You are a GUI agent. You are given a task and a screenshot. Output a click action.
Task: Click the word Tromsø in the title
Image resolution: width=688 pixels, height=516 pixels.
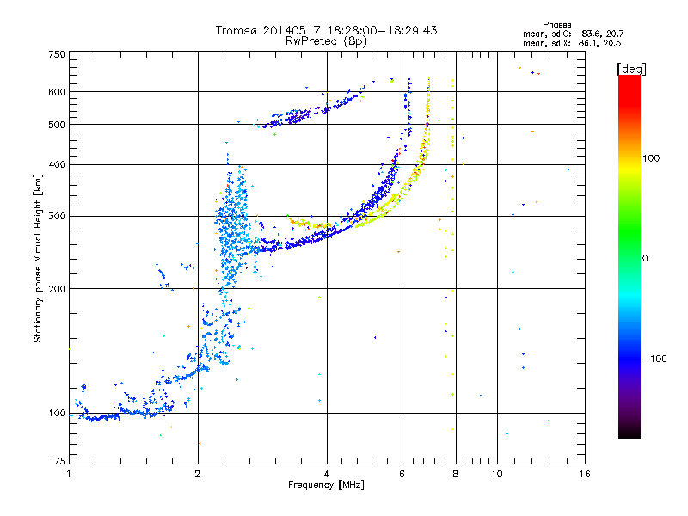tap(236, 30)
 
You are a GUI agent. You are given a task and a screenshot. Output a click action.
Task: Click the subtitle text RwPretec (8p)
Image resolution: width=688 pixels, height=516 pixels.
tap(326, 41)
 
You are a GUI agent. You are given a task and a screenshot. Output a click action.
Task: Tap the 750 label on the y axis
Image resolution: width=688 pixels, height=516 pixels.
tap(58, 54)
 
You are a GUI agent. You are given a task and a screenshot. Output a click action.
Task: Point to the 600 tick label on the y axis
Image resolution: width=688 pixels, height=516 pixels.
tap(58, 92)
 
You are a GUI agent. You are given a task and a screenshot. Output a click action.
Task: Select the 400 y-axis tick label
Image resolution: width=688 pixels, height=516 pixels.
tap(58, 164)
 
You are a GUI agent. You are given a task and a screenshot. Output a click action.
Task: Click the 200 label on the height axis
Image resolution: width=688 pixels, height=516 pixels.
tap(58, 289)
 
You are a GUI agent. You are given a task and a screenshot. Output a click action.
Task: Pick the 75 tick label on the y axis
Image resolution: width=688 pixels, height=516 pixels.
tap(60, 461)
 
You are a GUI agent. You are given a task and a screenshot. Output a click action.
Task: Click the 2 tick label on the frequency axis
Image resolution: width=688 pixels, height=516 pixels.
tap(198, 474)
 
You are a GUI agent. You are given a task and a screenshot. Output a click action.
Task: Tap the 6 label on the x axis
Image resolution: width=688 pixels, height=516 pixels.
tap(402, 474)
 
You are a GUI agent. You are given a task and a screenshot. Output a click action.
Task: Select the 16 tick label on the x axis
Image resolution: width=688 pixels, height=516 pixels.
tap(585, 474)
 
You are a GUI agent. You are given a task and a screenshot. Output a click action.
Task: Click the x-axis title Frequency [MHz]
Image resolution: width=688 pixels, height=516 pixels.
tap(326, 485)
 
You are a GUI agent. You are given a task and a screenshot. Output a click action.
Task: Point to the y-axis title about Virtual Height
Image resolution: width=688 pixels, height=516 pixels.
tap(38, 259)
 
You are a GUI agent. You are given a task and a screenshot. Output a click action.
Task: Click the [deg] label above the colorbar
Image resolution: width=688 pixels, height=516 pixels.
tap(631, 69)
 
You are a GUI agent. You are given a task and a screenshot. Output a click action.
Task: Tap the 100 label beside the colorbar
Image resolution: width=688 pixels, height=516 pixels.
tap(651, 158)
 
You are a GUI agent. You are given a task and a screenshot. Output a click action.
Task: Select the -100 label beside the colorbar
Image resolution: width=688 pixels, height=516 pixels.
tap(655, 359)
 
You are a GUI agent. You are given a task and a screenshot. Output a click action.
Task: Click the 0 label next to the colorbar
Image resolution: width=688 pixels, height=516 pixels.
tap(645, 259)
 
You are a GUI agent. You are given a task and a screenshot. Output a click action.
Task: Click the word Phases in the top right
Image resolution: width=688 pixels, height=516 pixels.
tap(556, 25)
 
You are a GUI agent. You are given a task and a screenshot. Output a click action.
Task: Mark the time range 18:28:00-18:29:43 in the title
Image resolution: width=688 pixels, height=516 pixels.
tap(382, 30)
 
